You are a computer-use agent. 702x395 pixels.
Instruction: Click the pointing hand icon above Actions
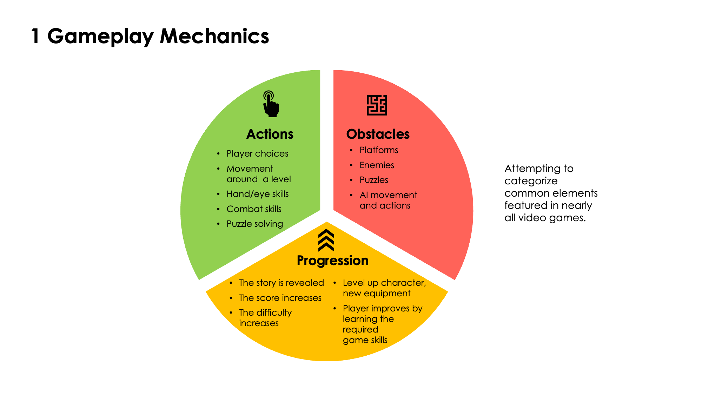coord(271,104)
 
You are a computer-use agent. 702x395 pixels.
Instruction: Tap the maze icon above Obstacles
coord(377,105)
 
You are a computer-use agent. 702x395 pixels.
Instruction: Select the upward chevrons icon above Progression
coord(326,241)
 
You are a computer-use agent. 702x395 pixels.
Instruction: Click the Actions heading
coord(270,134)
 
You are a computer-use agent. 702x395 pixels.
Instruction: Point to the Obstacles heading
coord(378,134)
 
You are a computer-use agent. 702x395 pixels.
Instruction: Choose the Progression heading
coord(332,261)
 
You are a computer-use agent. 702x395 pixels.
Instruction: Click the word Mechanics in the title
coord(214,36)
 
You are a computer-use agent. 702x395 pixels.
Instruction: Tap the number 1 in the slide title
coord(35,37)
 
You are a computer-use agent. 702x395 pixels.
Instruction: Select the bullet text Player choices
coord(257,154)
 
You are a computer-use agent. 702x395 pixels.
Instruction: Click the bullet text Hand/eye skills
coord(257,194)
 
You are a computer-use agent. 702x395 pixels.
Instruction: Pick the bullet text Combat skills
coord(254,209)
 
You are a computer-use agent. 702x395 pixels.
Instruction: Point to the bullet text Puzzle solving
coord(254,224)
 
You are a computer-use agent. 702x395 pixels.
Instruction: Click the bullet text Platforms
coord(379,150)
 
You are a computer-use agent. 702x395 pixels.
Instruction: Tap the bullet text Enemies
coord(377,165)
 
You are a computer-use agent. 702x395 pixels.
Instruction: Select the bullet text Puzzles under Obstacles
coord(374,180)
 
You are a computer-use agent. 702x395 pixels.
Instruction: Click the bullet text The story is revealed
coord(281,283)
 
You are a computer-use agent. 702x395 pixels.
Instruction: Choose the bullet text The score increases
coord(280,298)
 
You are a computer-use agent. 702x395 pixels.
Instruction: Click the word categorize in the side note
coord(531,181)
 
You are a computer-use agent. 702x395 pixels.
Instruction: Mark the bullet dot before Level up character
coord(335,283)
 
